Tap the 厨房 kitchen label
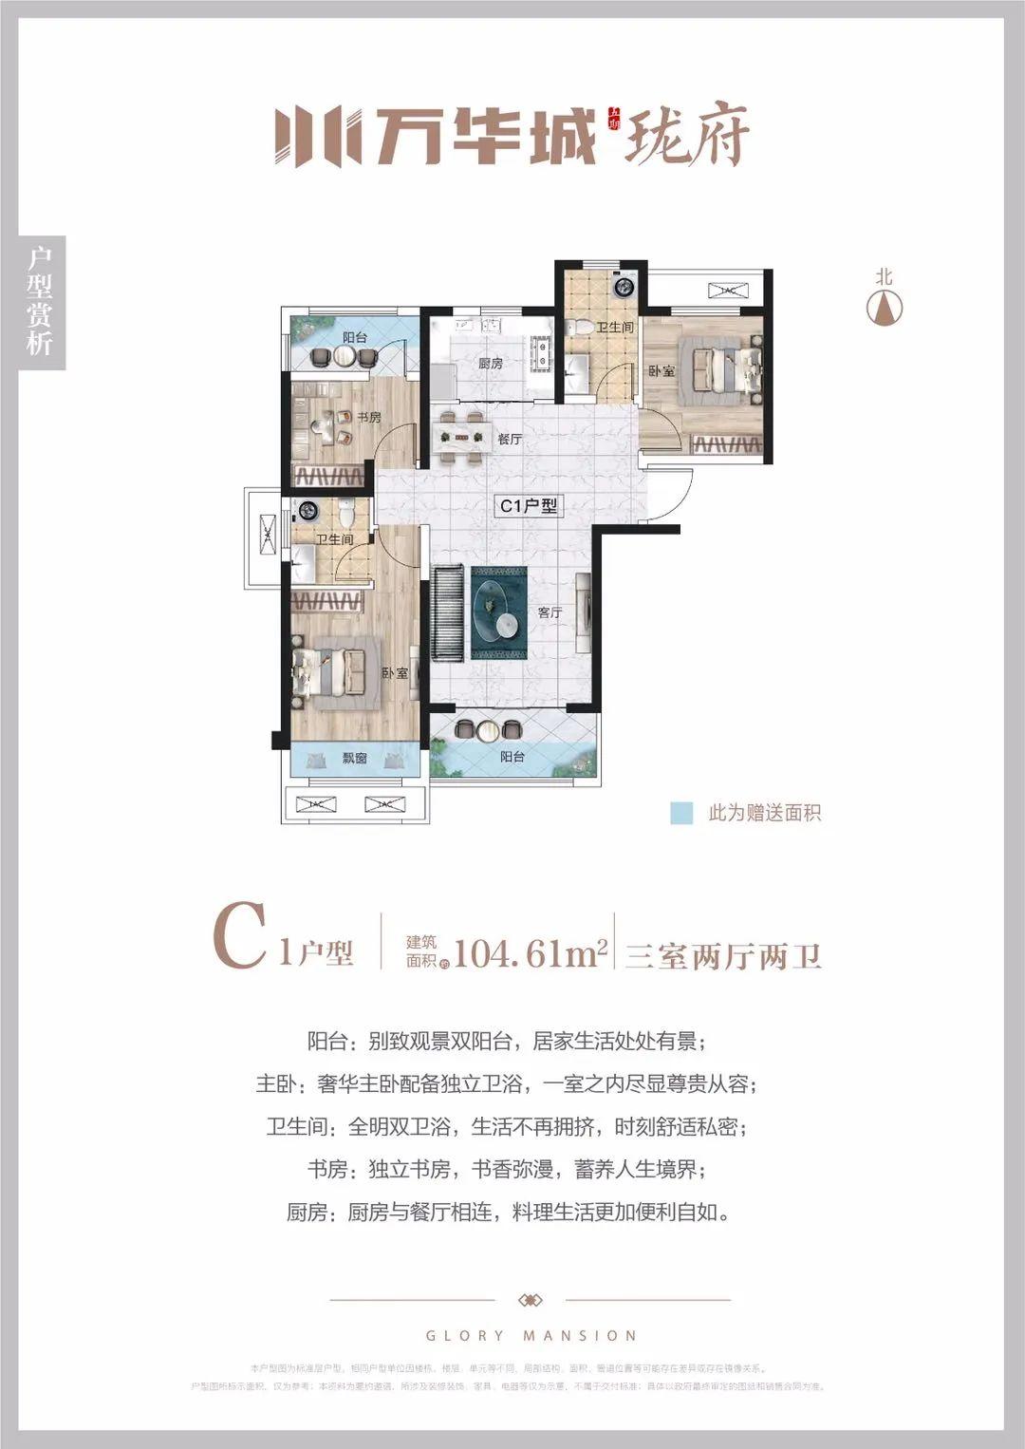tap(490, 364)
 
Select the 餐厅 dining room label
tap(510, 439)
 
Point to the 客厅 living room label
tap(550, 612)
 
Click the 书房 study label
tap(368, 417)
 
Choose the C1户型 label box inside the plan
tap(528, 506)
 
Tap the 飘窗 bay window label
tap(354, 759)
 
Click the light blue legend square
tap(681, 813)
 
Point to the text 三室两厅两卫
tap(722, 954)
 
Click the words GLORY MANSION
tap(531, 1336)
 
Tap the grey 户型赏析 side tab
tap(41, 302)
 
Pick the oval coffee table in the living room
tap(498, 613)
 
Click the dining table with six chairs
tap(461, 439)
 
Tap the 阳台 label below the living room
tap(512, 757)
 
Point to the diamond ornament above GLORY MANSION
tap(531, 1300)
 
